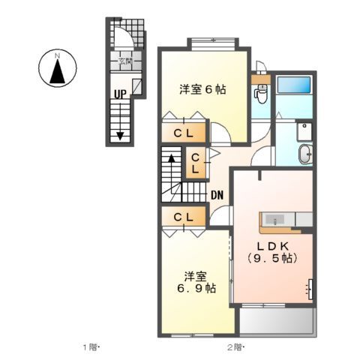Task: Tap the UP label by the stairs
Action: pyautogui.click(x=119, y=94)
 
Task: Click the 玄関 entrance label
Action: pyautogui.click(x=124, y=62)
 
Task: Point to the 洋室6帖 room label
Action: pyautogui.click(x=202, y=89)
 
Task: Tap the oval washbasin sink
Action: pyautogui.click(x=305, y=154)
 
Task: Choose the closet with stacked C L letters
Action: pyautogui.click(x=194, y=164)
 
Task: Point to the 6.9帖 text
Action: pyautogui.click(x=198, y=286)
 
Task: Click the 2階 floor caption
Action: pyautogui.click(x=235, y=347)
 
